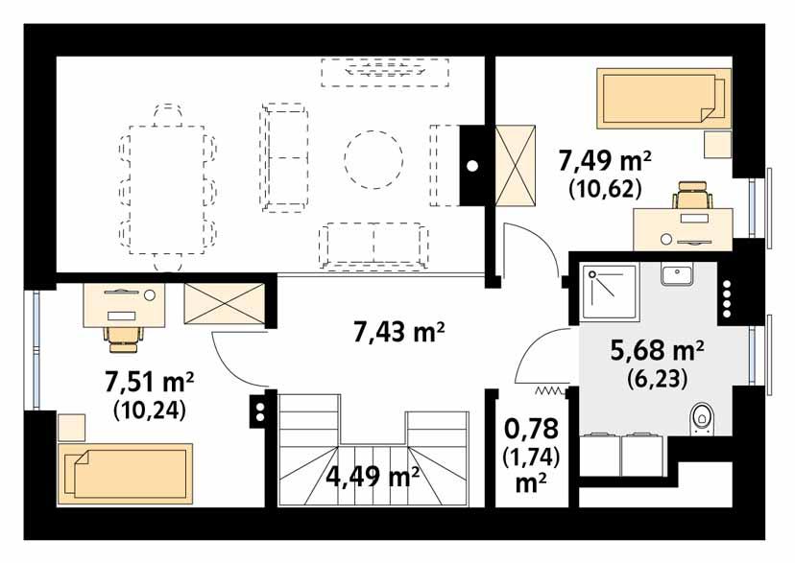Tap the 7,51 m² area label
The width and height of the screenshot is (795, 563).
pos(149,384)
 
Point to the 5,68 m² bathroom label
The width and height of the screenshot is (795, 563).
pos(658,351)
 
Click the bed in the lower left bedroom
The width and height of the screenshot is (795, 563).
pos(125,473)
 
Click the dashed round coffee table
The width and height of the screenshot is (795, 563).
pos(373,157)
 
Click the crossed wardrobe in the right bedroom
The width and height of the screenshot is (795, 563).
pos(517,165)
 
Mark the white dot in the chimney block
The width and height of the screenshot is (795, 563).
pos(471,165)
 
